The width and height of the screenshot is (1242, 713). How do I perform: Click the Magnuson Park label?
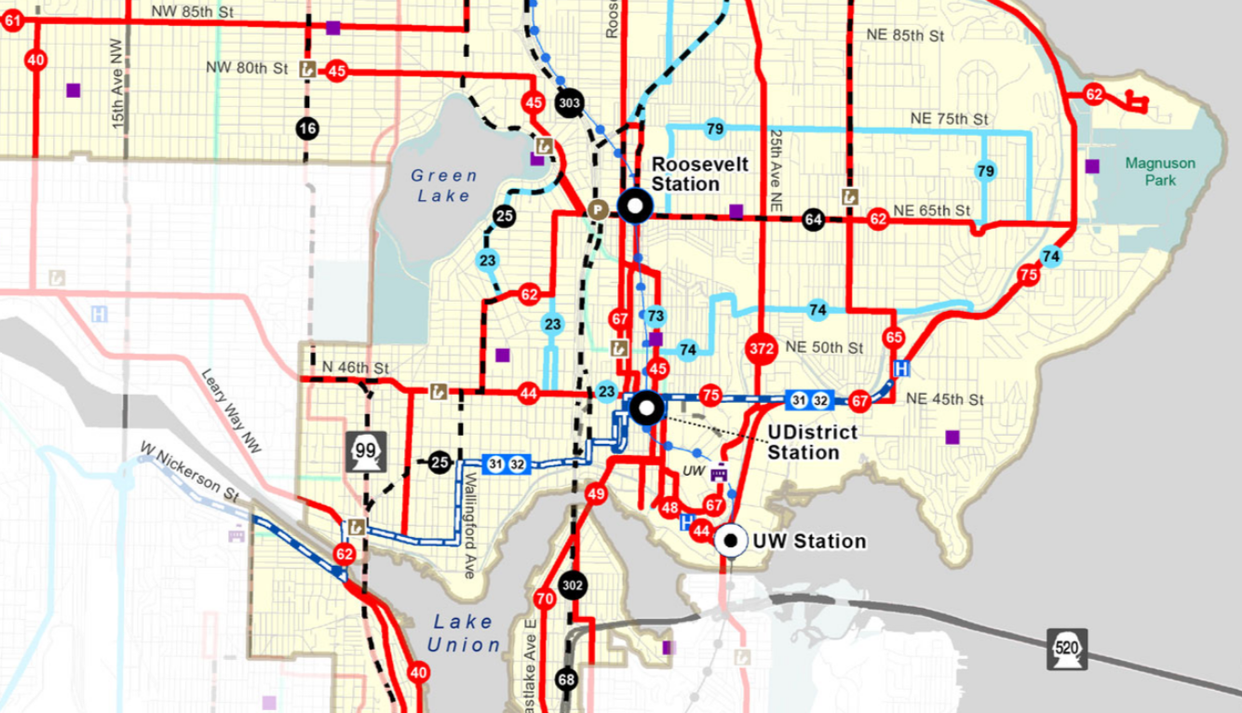coord(1158,171)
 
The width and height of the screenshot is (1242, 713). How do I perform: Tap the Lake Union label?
coord(464,633)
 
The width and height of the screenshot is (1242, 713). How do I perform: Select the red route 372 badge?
coord(761,348)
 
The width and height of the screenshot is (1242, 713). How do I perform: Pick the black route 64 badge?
coord(814,220)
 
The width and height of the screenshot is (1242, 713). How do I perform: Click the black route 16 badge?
coord(307,128)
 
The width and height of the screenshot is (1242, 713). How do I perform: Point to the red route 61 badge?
coord(12,23)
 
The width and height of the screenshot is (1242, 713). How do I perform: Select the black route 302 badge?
coord(573,585)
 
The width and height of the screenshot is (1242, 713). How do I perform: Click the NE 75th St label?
coord(947,120)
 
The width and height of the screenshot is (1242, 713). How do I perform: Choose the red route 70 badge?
coord(545,599)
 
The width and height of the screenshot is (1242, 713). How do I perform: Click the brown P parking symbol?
coord(596,210)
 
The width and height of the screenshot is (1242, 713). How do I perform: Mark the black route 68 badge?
coord(566,679)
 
